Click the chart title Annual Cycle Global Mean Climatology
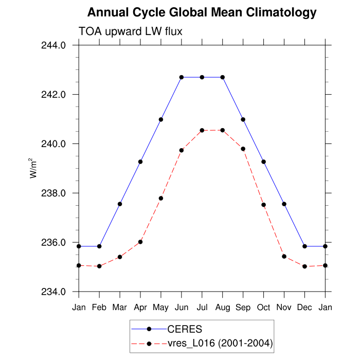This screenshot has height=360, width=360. click(202, 12)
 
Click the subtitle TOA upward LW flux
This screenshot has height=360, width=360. click(130, 32)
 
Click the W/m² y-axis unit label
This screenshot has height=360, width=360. click(34, 168)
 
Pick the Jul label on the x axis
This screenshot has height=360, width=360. click(202, 307)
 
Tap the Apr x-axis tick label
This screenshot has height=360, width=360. click(140, 307)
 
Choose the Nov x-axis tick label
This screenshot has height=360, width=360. click(284, 307)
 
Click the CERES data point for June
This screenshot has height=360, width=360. click(182, 77)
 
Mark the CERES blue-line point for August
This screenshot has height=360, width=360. click(223, 77)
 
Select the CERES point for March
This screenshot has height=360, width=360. click(120, 204)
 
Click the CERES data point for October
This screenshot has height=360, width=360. click(264, 162)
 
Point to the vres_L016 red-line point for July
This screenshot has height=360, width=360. click(202, 130)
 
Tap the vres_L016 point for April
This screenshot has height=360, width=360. click(140, 242)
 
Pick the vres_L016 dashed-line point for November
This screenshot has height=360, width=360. click(284, 256)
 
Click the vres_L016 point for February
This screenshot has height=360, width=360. click(99, 266)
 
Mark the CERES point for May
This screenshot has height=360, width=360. click(161, 119)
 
